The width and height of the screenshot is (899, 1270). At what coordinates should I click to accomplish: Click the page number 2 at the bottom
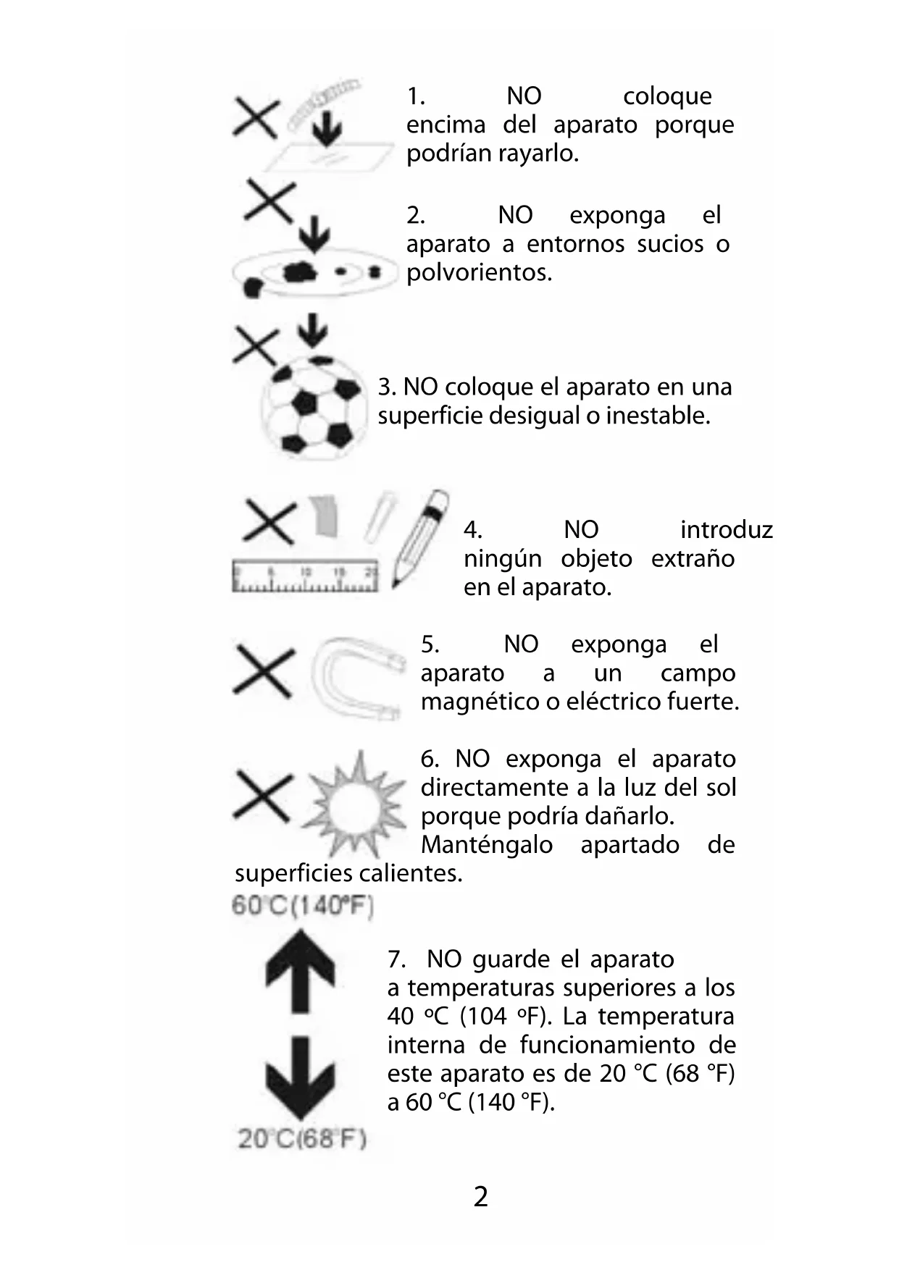pos(480,1197)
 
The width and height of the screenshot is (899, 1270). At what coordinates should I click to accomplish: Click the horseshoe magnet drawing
pos(355,677)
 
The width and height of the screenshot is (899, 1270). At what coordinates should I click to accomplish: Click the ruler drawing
pos(305,578)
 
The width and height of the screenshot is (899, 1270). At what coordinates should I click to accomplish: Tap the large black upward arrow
pos(300,970)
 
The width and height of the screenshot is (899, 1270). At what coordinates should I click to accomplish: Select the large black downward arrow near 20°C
pos(300,1079)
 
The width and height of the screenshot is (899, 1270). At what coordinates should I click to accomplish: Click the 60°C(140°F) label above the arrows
pos(302,906)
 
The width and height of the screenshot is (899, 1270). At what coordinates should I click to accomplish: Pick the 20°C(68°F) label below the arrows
pos(302,1139)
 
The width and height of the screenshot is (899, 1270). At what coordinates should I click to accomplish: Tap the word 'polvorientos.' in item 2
pos(479,273)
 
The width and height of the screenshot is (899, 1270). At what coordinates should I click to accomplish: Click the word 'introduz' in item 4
pos(726,530)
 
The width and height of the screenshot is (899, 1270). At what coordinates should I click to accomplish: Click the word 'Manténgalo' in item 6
pos(487,845)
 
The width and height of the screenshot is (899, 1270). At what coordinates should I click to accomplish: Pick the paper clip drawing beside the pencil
pos(378,516)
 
